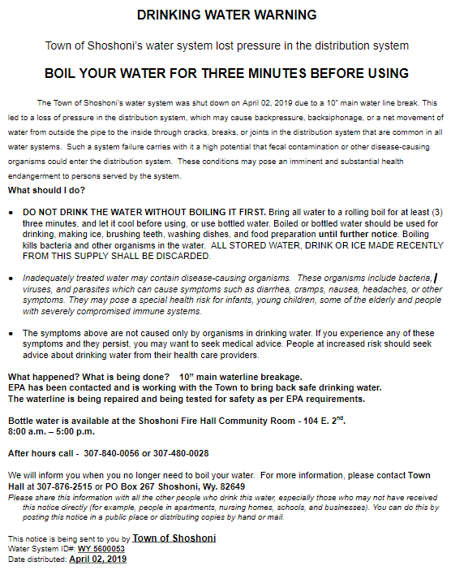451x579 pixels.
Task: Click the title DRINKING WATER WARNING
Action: pos(226,15)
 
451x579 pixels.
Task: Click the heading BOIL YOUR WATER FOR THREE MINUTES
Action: pos(226,73)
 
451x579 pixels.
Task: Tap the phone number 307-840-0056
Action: pos(117,453)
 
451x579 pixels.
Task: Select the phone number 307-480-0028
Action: pos(181,453)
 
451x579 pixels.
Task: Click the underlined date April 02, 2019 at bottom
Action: pos(97,559)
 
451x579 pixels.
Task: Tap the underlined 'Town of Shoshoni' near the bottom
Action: pos(174,538)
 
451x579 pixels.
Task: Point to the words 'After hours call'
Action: pos(41,453)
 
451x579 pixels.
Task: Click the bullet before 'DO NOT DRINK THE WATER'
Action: pos(12,211)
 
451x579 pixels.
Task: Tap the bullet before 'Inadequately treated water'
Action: pos(12,279)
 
